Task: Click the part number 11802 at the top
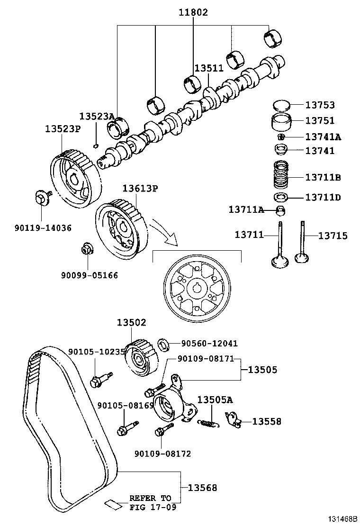193,13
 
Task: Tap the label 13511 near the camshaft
208,68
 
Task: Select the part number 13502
132,322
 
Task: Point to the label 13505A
215,400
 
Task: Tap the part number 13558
266,421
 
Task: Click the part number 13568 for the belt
202,487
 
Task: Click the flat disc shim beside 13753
281,104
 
